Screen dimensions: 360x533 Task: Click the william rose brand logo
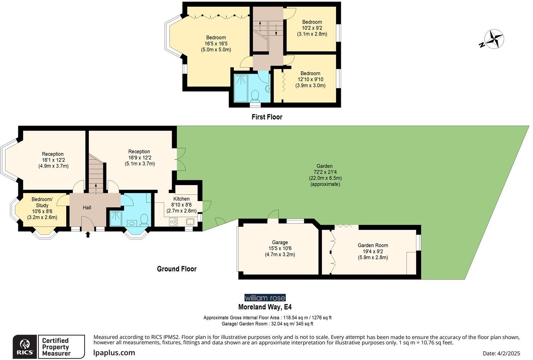point(265,298)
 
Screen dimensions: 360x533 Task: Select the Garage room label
point(280,242)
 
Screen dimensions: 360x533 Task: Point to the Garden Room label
point(373,245)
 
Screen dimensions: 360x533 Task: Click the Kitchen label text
point(181,199)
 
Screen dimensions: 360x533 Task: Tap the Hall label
point(87,208)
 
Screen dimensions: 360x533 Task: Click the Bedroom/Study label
point(42,202)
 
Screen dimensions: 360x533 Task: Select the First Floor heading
point(267,117)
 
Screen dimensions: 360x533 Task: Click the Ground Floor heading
point(177,269)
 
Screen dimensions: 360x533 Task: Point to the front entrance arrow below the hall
point(87,234)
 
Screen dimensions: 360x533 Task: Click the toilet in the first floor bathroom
point(255,95)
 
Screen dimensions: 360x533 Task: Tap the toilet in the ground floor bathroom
point(144,219)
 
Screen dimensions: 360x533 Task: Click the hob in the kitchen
point(173,222)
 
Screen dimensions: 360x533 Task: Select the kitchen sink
point(190,222)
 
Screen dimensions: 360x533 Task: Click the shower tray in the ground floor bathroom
point(116,219)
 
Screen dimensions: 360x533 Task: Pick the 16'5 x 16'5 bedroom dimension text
point(216,44)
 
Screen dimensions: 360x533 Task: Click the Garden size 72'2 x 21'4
point(325,172)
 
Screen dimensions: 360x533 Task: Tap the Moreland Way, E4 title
point(265,307)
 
